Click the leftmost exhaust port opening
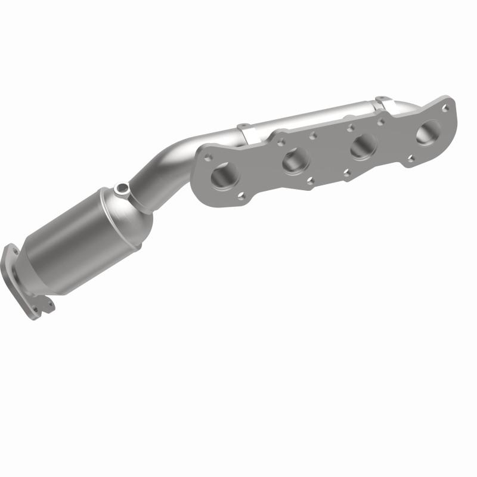225,174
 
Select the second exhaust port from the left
296,160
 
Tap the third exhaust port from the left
363,146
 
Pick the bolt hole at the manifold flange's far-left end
207,157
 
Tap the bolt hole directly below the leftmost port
241,194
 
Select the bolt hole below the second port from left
310,180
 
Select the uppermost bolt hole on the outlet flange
10,250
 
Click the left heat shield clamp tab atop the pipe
243,128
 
